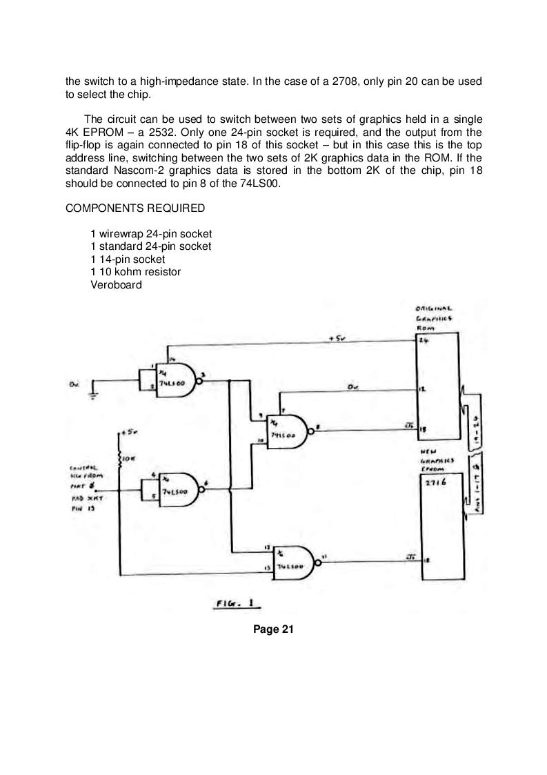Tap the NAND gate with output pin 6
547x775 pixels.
tap(177, 489)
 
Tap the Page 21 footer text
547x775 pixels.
tap(273, 629)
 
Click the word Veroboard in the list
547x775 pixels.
tap(116, 285)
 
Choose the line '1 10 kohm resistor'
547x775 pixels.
tap(135, 272)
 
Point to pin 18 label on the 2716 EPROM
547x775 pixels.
tap(427, 560)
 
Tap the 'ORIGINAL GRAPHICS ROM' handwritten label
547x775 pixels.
tap(432, 318)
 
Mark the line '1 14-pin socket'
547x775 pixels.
tap(128, 259)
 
